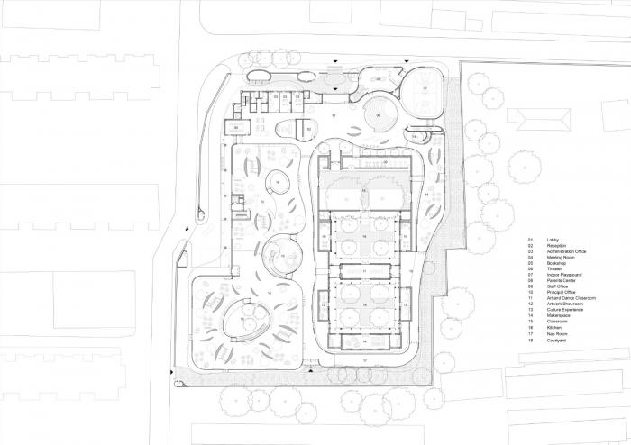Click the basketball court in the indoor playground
pyautogui.click(x=424, y=91)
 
